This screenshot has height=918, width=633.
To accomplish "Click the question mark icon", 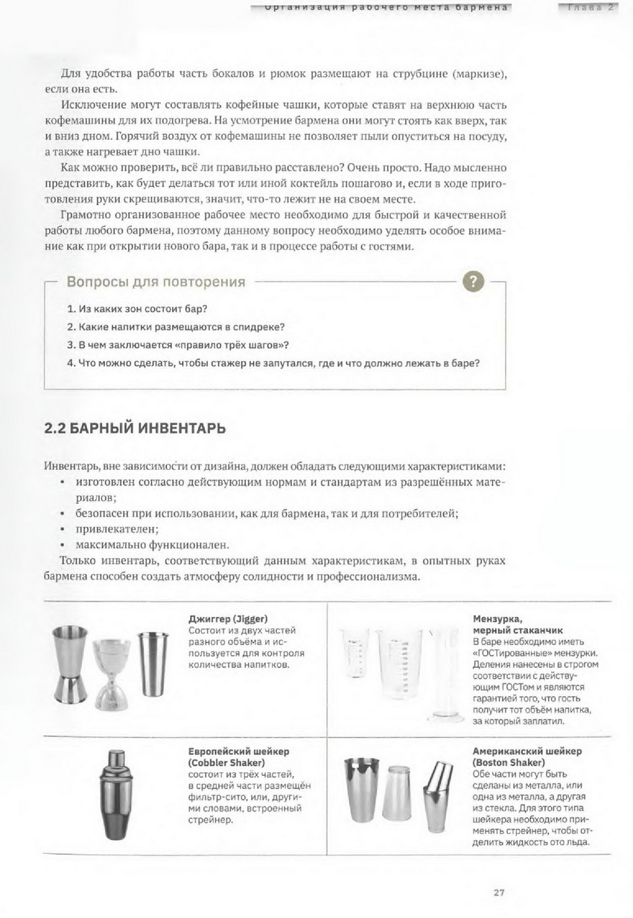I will click(x=474, y=282).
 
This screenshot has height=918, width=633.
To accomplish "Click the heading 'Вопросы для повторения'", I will click(x=156, y=282).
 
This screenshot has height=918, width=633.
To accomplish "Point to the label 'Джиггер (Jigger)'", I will click(x=228, y=619).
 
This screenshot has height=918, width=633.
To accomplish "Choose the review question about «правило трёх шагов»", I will click(x=178, y=345).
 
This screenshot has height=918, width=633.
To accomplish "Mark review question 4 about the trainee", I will click(x=273, y=364).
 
